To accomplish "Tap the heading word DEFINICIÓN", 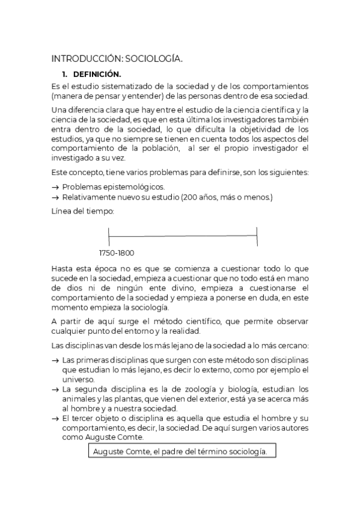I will click(x=97, y=75).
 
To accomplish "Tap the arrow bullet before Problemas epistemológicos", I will click(x=56, y=186).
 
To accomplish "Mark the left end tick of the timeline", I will click(x=109, y=236).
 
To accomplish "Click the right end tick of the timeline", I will click(x=257, y=236).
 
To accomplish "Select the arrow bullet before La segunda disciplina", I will click(x=56, y=389).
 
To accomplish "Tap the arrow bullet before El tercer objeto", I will click(x=56, y=418).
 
